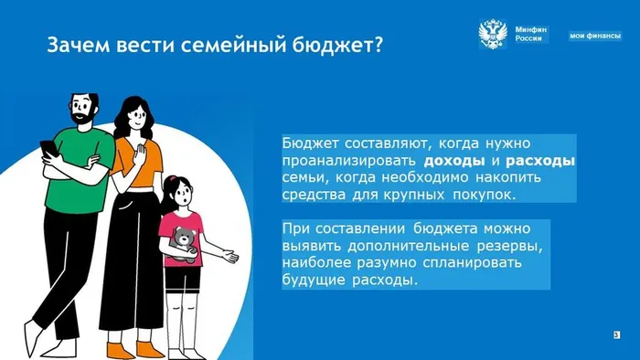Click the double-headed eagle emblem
coord(494,34)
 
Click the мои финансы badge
coord(595,36)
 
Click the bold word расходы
coord(540,161)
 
